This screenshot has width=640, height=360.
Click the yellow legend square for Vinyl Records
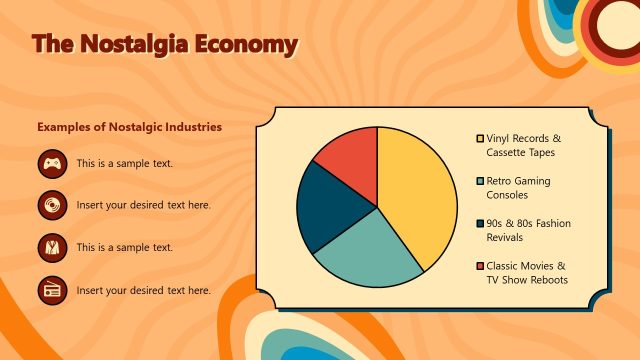click(480, 138)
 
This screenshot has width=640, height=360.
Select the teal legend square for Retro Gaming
click(480, 181)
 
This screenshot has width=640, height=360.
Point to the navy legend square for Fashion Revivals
click(480, 224)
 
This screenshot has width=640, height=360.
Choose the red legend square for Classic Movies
click(480, 266)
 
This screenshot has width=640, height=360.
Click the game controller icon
click(52, 163)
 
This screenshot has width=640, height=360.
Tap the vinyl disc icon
click(52, 205)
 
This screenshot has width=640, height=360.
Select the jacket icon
click(52, 247)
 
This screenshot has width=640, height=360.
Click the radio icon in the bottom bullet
click(52, 290)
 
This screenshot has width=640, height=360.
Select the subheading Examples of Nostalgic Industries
click(129, 127)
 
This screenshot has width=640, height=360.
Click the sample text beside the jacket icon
click(125, 247)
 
